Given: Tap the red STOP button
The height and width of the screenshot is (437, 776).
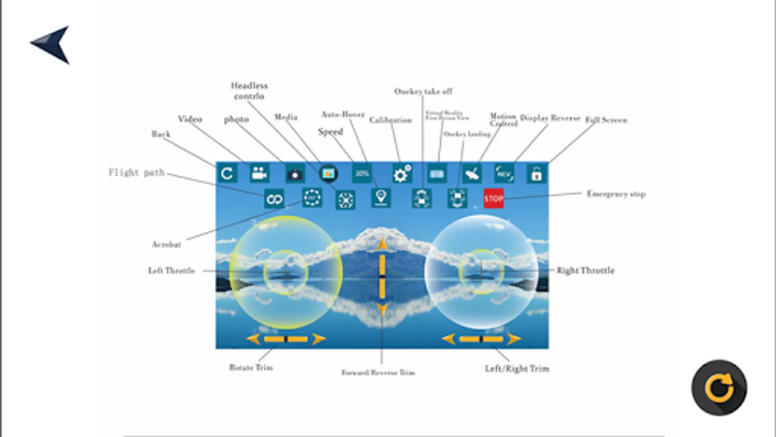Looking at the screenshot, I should [493, 199].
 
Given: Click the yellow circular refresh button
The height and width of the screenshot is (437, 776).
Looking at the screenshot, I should [719, 387].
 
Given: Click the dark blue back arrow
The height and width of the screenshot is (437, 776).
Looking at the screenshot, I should [51, 44].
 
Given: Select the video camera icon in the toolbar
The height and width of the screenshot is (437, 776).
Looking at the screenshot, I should [259, 173].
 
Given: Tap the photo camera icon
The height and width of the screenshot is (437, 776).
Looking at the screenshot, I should [294, 174].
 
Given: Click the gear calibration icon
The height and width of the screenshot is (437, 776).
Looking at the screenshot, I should [402, 174].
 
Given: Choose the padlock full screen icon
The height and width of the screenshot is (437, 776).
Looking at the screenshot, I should [536, 174].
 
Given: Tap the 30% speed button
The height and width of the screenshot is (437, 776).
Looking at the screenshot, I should [362, 173].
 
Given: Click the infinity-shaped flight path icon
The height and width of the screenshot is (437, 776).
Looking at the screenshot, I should [274, 199].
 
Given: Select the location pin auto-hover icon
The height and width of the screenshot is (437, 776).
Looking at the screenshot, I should [381, 198].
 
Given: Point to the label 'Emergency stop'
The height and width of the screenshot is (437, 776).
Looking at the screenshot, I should [616, 194].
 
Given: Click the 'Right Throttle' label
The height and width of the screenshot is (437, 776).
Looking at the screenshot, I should [585, 270].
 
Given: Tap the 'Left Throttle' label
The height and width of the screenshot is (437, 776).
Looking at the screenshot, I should [171, 270].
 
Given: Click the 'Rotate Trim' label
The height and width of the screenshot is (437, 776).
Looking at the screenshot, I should [251, 368].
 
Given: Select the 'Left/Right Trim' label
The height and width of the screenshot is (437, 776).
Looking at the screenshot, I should [517, 369].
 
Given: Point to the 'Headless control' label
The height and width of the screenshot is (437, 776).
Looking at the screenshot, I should [249, 91].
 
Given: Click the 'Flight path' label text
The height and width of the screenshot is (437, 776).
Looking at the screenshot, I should [136, 173].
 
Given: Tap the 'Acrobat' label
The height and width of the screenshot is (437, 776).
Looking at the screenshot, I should [166, 244].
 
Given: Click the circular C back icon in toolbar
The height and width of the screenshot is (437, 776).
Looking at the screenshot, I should [226, 173].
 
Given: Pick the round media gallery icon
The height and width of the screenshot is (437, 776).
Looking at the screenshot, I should [328, 173].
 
